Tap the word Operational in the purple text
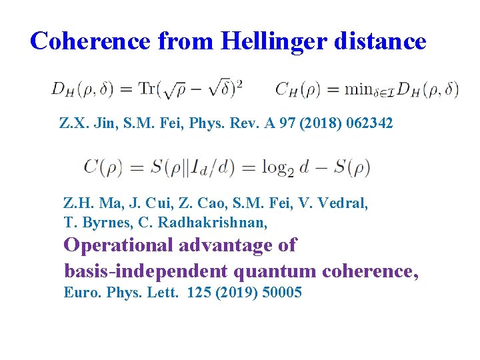click(x=118, y=245)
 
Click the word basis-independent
click(x=143, y=271)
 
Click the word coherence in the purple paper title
click(x=371, y=271)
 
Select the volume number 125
click(x=198, y=292)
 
